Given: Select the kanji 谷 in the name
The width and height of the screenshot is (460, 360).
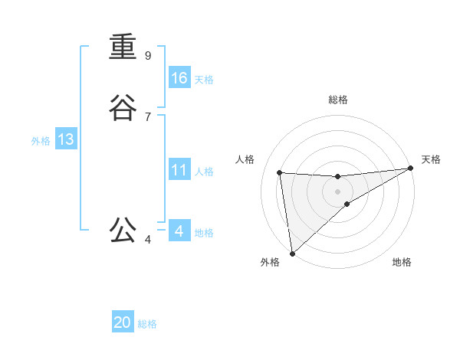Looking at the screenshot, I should point(123,108).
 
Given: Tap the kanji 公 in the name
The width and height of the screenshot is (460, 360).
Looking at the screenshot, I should point(123,230).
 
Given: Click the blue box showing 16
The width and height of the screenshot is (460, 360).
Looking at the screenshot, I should point(179,78).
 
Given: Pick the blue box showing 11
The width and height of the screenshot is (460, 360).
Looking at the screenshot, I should point(179,170).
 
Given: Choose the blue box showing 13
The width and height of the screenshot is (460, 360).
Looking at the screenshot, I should point(65,139).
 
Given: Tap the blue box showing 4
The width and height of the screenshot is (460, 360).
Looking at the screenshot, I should point(179,231).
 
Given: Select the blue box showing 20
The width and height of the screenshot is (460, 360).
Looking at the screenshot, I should point(123,322).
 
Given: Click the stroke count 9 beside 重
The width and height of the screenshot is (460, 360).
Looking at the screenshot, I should point(147,55).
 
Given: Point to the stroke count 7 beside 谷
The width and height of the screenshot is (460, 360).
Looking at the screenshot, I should point(147,116).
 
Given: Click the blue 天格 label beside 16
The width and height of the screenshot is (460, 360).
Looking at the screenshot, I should point(204,80).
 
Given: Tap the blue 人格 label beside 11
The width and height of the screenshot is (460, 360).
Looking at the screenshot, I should point(204,172).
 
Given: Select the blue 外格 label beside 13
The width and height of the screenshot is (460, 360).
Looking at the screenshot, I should point(41,141).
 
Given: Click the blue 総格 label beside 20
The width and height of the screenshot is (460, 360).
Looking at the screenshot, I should point(147,324).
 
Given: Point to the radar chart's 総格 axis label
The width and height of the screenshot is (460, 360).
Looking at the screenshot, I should point(337,100).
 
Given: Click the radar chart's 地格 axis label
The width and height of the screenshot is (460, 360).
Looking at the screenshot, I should point(402,262).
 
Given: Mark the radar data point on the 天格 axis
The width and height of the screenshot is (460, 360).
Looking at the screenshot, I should point(410,169).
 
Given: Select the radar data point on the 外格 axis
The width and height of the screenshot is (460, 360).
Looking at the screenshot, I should point(292,254).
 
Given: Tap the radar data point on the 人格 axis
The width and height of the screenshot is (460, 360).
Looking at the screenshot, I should point(280,172).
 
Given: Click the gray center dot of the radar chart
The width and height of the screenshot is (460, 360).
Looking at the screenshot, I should point(337,191).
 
